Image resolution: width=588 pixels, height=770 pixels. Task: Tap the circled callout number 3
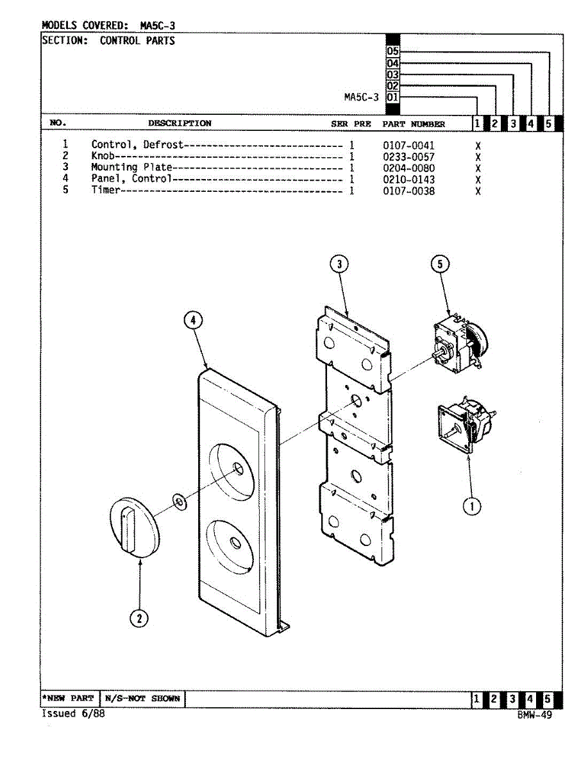(x=339, y=264)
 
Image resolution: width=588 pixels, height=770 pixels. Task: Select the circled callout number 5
(x=440, y=264)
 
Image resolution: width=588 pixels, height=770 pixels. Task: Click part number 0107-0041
(x=408, y=146)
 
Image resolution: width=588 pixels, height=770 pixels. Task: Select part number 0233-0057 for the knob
(x=408, y=157)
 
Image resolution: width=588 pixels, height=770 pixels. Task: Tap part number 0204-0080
(x=408, y=168)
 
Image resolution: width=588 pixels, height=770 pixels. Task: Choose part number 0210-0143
(x=408, y=179)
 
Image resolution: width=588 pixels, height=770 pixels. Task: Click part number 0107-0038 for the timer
(x=408, y=191)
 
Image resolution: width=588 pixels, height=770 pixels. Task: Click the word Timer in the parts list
(x=105, y=191)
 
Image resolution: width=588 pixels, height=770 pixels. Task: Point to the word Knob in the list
(x=103, y=157)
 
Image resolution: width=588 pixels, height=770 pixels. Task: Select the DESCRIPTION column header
(x=180, y=123)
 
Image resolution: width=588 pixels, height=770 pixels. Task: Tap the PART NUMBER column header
(x=414, y=124)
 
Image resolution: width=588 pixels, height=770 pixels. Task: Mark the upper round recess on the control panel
(x=233, y=470)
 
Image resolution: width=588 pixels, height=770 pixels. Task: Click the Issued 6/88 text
(x=72, y=714)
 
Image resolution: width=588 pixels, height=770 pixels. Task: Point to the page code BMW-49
(x=534, y=715)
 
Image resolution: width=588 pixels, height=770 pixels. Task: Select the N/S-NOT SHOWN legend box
(x=142, y=698)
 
